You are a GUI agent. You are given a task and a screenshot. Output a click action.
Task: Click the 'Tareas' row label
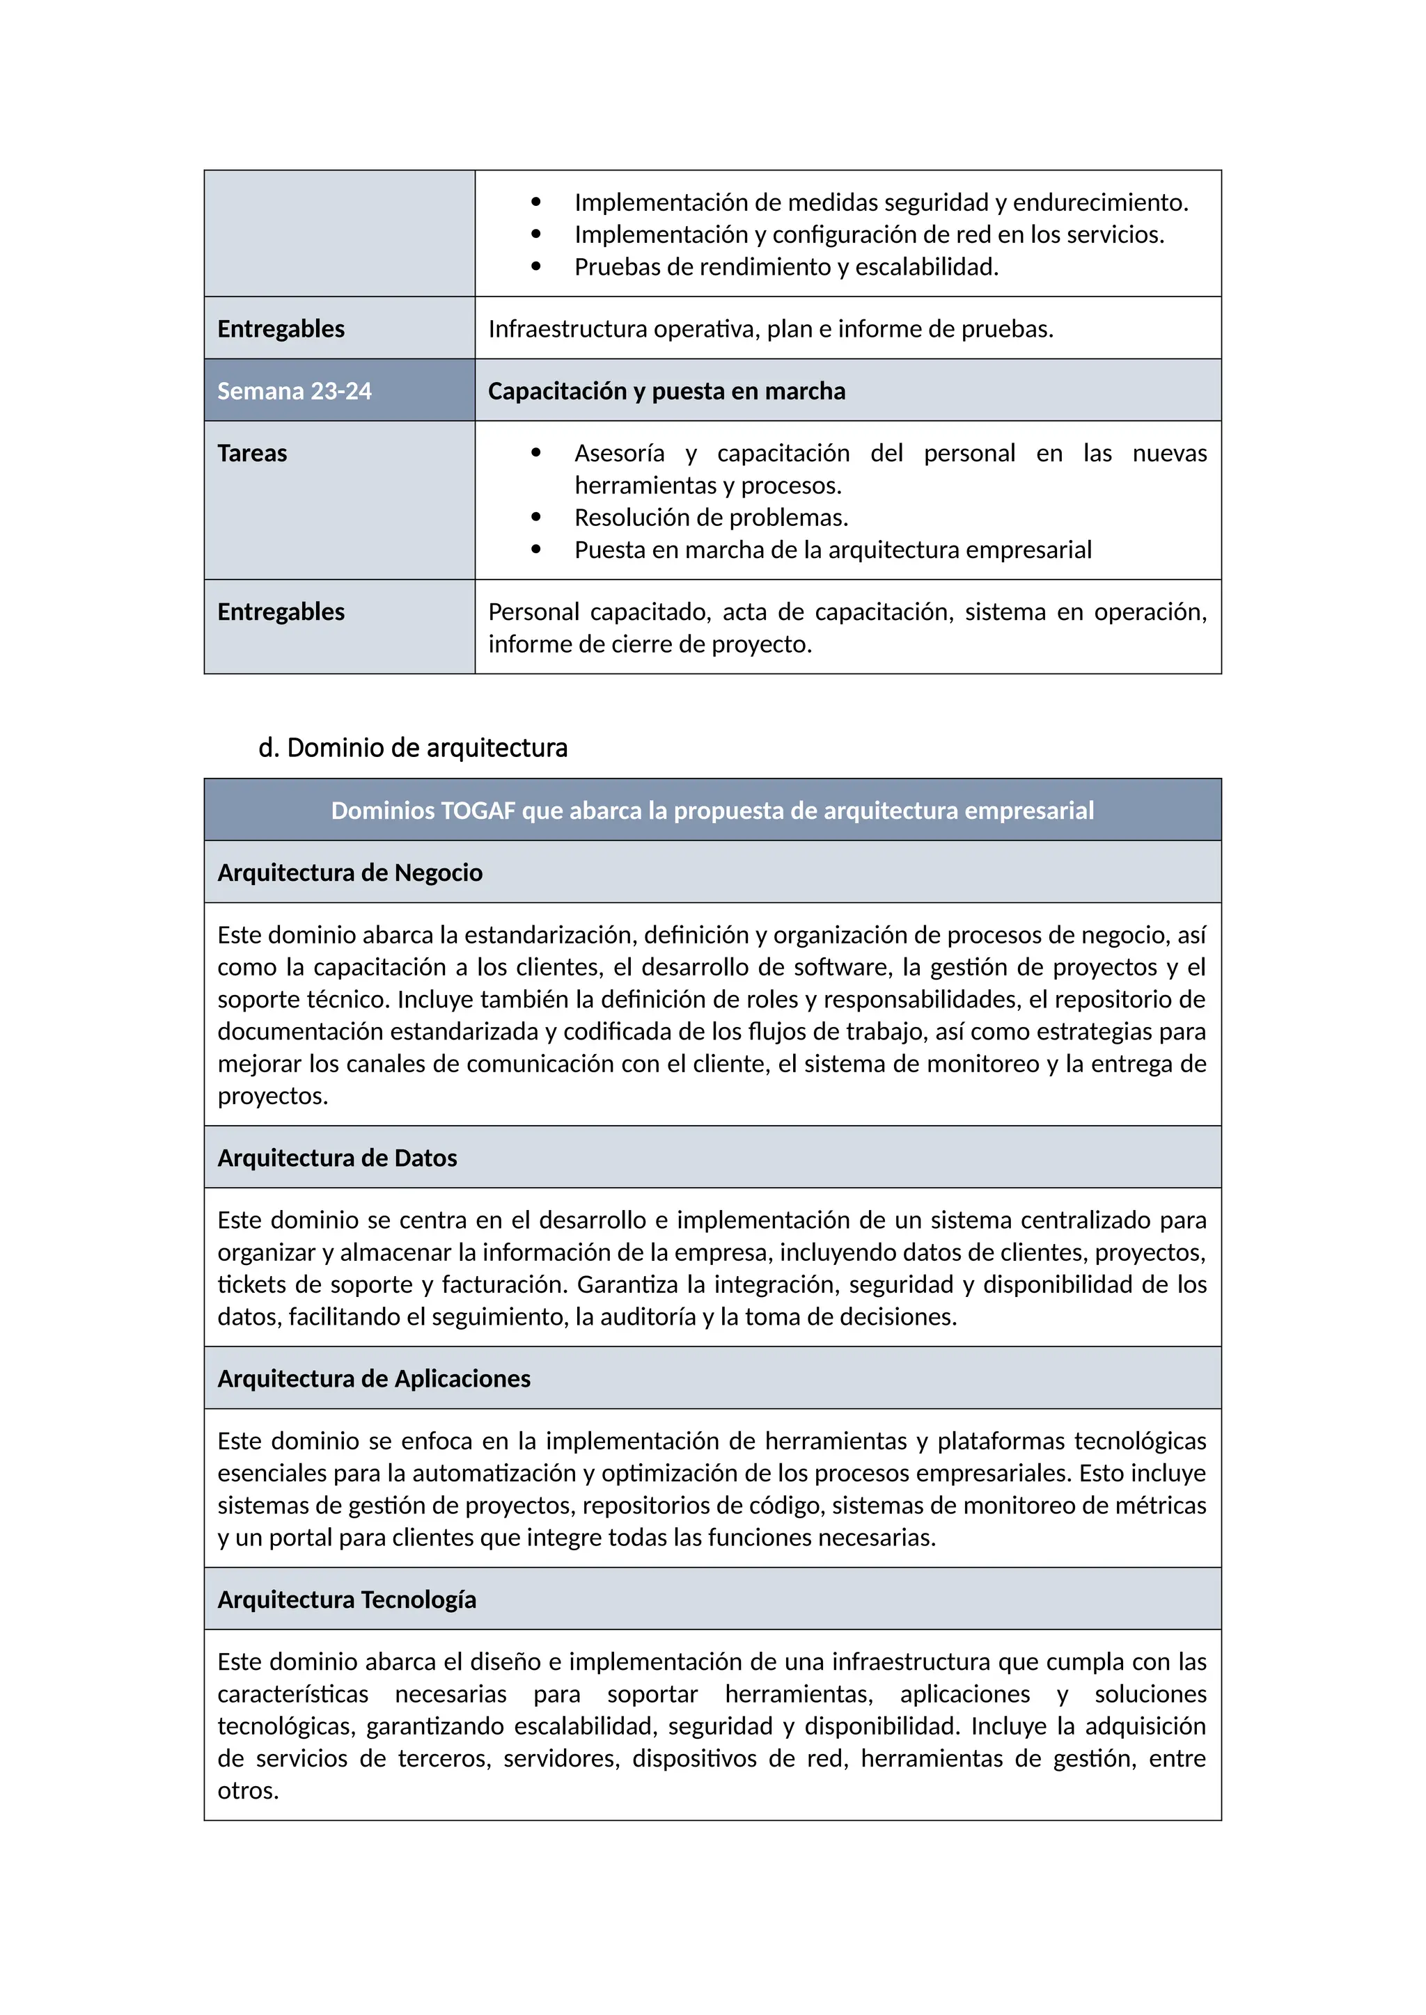click(252, 453)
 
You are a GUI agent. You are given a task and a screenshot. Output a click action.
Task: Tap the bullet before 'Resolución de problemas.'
click(535, 517)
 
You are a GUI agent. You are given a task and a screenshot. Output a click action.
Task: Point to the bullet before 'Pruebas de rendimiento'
click(535, 266)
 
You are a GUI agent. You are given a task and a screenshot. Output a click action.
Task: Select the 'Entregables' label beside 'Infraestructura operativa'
click(281, 328)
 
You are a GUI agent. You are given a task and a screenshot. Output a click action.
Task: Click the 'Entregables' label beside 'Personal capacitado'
click(281, 612)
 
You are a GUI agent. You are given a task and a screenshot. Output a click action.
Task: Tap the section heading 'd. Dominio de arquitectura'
click(413, 748)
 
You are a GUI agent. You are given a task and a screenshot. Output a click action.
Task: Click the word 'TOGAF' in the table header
click(478, 810)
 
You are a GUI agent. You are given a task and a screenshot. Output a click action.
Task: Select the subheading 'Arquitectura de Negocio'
click(350, 873)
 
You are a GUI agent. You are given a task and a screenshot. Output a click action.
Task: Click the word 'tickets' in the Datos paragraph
click(250, 1285)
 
